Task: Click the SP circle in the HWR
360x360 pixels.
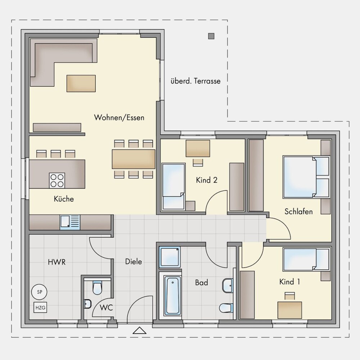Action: tap(39, 292)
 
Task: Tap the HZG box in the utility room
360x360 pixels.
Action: tap(40, 307)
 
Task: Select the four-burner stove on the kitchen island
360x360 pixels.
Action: tap(57, 180)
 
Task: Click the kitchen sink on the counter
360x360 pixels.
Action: tap(70, 222)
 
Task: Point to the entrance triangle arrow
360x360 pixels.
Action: tap(139, 330)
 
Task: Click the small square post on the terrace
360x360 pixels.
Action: tap(211, 36)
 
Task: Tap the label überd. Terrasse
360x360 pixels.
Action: tap(195, 81)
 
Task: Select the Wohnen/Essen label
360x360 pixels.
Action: tap(119, 118)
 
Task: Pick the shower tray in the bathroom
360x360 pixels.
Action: tap(170, 257)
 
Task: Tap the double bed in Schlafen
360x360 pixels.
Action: tap(306, 177)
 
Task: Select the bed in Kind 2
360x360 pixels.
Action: tap(174, 186)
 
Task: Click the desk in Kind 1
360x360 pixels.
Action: tap(289, 310)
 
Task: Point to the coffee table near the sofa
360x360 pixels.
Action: tap(81, 84)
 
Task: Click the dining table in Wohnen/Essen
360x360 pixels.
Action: tap(134, 159)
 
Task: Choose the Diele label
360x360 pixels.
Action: tap(134, 261)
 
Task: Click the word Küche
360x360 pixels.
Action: tap(64, 199)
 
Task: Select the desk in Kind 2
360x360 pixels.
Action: tap(198, 148)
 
